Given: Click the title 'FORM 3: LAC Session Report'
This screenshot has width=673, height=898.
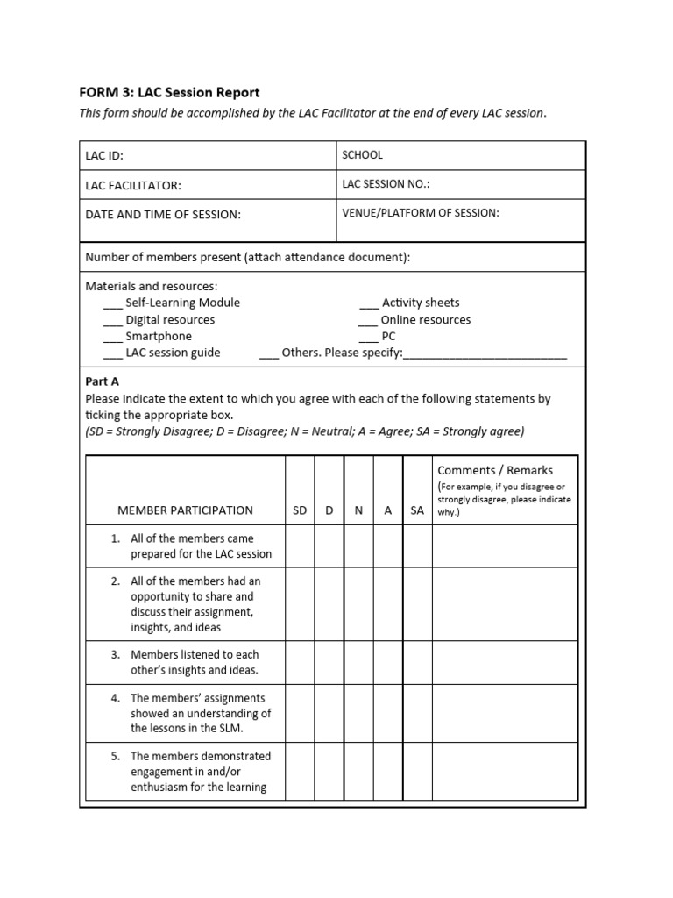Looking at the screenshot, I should pos(169,92).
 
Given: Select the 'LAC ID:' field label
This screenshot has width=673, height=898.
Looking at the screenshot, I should pos(104,156).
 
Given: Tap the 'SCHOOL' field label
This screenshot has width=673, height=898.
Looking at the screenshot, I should pos(362,155).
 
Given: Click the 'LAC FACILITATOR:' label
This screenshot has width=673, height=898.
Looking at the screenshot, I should pos(133,186).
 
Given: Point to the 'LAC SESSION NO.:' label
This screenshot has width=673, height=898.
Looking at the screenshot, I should pos(386,184).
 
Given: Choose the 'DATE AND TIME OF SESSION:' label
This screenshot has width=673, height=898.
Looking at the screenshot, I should pos(163,215).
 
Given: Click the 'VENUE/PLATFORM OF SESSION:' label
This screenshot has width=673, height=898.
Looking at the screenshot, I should pos(421,213).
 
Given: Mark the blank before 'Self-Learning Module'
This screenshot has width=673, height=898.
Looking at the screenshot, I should pos(112,305).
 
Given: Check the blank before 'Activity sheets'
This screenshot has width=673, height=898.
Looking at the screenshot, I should pos(368,305).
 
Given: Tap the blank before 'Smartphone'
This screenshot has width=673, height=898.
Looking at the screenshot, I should pos(112,339).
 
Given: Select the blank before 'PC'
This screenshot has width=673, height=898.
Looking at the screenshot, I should pos(368,339).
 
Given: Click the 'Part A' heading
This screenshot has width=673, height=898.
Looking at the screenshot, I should pos(103,381).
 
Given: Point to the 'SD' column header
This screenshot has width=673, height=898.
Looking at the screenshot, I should pos(300,510).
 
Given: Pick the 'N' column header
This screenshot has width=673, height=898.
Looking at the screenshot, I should pos(358,510).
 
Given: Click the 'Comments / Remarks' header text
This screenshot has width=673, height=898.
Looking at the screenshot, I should pos(495,471).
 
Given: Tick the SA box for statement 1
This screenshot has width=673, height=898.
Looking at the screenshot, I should pos(417,546).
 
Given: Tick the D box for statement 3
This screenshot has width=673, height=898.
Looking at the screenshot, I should pos(329,663).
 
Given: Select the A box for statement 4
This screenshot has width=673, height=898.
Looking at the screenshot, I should pos(388,713).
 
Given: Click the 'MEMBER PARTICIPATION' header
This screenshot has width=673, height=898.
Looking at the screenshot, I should pos(185,510).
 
